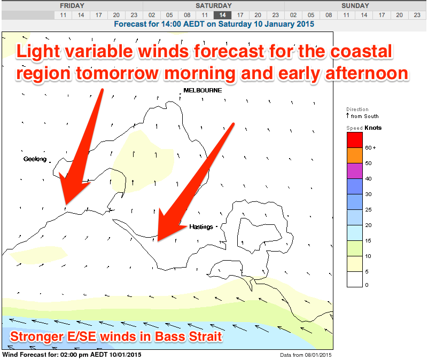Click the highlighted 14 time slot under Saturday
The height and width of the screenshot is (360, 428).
pos(222,15)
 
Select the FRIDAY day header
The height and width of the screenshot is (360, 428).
pos(72,6)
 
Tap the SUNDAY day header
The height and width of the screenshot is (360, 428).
pos(355,6)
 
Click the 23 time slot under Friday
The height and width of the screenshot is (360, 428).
pos(134,15)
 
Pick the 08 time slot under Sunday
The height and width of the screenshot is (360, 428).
pos(329,15)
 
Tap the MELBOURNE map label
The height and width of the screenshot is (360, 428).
pos(203,90)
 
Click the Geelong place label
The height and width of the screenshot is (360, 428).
pos(35,159)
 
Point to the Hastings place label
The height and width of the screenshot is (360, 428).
pos(201,226)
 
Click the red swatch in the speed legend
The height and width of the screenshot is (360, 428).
pos(355,140)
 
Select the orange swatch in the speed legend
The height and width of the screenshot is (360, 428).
pos(355,155)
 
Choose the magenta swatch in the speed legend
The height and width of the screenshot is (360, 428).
pos(355,171)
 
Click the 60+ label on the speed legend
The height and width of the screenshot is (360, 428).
pos(370,147)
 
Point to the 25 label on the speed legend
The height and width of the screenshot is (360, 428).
pos(368,209)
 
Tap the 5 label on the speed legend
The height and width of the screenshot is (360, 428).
pos(367,271)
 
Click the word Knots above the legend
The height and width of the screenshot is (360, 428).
pos(373,128)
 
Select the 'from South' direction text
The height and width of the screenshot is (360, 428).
pos(364,116)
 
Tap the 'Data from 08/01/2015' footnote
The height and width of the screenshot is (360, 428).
pos(306,355)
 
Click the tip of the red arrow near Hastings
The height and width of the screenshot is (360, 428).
pos(158,241)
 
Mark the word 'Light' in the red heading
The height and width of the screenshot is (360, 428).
pos(38,52)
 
